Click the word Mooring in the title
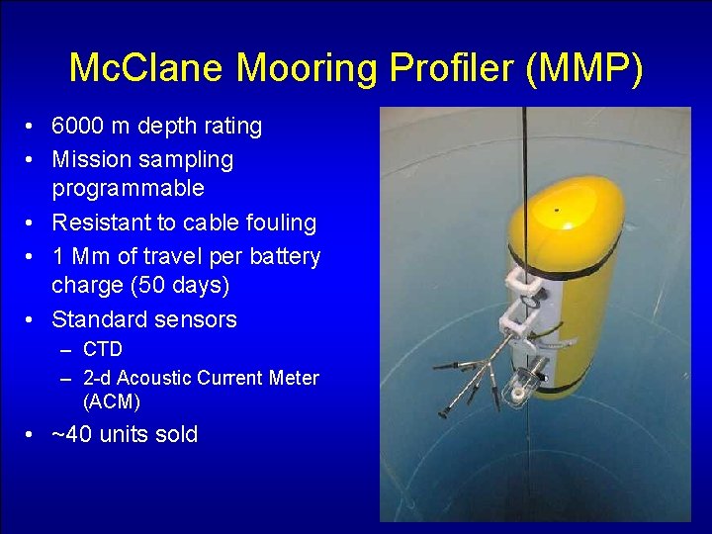pyautogui.click(x=294, y=68)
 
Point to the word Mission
pyautogui.click(x=91, y=159)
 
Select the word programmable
pyautogui.click(x=128, y=188)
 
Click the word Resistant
pyautogui.click(x=101, y=223)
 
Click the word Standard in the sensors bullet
pyautogui.click(x=97, y=319)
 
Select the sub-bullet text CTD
pyautogui.click(x=103, y=349)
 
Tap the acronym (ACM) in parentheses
pyautogui.click(x=112, y=401)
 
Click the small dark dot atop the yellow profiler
pyautogui.click(x=556, y=210)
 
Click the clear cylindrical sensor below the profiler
pyautogui.click(x=519, y=390)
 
